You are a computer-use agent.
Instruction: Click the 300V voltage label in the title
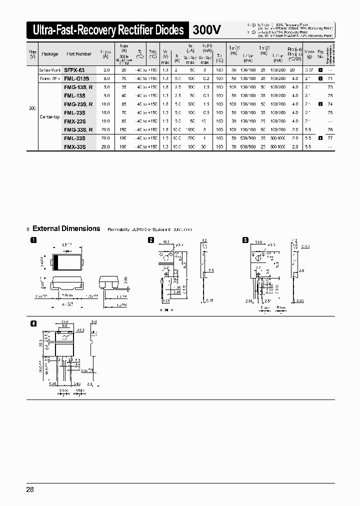coord(207,30)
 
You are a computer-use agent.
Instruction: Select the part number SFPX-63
coord(74,70)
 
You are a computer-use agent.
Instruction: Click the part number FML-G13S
coord(76,78)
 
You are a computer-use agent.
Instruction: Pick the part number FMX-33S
coord(75,147)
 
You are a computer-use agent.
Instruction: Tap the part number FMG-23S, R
coord(78,104)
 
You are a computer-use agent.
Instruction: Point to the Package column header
coord(50,54)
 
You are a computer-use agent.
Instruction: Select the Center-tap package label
coord(49,116)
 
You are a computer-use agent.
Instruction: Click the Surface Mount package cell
coord(50,70)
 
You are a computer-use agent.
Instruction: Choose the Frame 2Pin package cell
coord(50,78)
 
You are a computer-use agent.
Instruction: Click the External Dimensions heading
coord(66,228)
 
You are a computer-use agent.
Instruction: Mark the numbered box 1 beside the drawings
coord(33,240)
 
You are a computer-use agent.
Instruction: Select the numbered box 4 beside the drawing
coord(33,323)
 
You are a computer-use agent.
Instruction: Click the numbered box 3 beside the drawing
coord(245,240)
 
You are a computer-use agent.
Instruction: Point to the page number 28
coord(30,489)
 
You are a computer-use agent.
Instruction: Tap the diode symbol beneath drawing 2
coord(164,310)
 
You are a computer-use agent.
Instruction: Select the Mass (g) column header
coord(309,54)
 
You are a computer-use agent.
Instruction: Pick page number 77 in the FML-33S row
coord(329,138)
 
